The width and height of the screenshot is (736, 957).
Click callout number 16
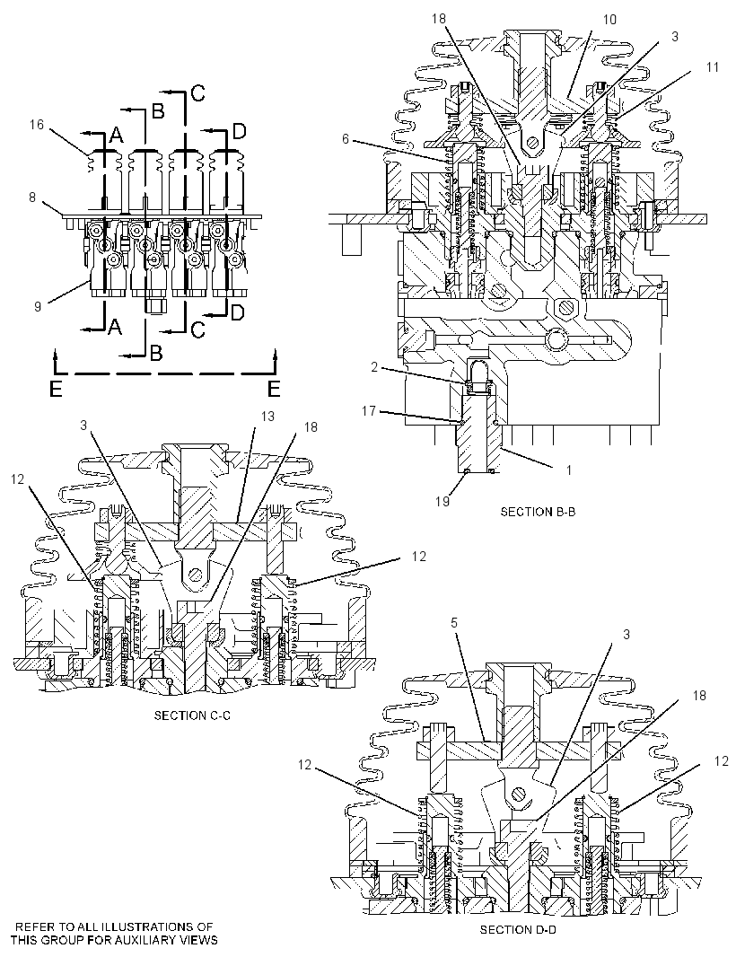tap(37, 125)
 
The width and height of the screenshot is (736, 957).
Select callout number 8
tap(32, 198)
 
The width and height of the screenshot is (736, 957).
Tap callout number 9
tap(38, 306)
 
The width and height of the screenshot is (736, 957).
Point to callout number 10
tap(609, 20)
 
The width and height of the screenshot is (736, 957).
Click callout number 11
tap(712, 67)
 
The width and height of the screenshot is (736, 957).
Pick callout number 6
tap(346, 139)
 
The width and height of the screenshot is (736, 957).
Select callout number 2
tap(374, 367)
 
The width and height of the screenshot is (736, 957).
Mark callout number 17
tap(369, 411)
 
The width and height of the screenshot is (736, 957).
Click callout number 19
tap(442, 501)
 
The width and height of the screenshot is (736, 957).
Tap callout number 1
tap(569, 470)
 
